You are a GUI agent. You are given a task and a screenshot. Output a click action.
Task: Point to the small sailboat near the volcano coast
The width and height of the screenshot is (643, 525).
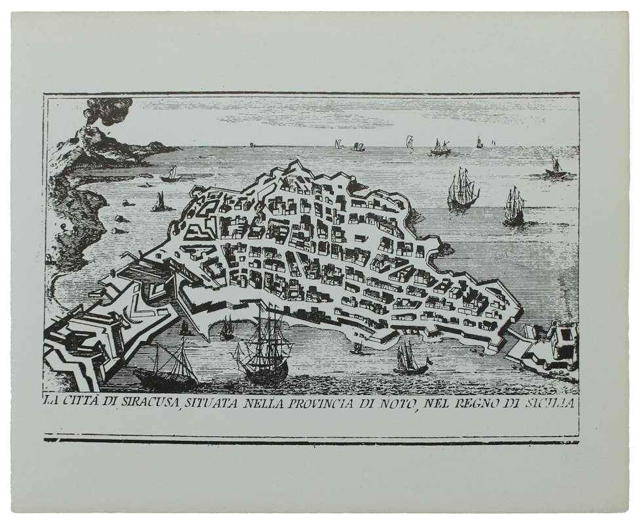(x=171, y=175)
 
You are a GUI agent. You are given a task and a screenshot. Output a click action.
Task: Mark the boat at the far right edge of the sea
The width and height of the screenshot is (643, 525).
(x=556, y=169)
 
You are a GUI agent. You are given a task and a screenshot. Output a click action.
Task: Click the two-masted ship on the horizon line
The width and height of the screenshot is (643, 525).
(x=440, y=148)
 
